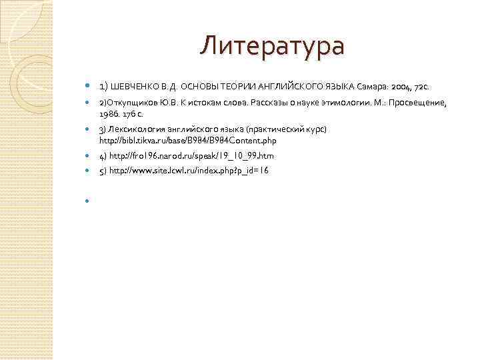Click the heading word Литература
tap(273, 47)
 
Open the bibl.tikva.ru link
tap(187, 141)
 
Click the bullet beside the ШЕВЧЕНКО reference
tap(88, 87)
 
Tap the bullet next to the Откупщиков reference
tap(88, 103)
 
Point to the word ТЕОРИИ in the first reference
tap(233, 87)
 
